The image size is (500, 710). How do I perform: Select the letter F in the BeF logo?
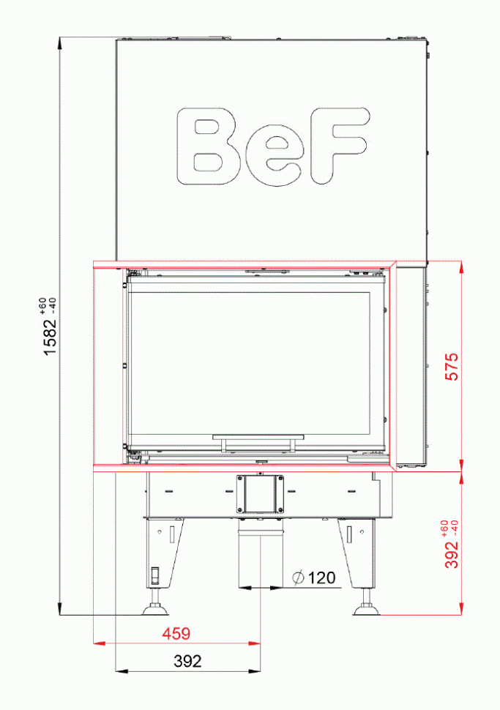click(336, 146)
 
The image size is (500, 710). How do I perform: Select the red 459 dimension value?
click(176, 634)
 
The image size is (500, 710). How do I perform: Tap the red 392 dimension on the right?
click(452, 555)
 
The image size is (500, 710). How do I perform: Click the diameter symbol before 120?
click(297, 578)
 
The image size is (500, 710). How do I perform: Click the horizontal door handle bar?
click(257, 437)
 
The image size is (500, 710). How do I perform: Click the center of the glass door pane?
click(256, 362)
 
